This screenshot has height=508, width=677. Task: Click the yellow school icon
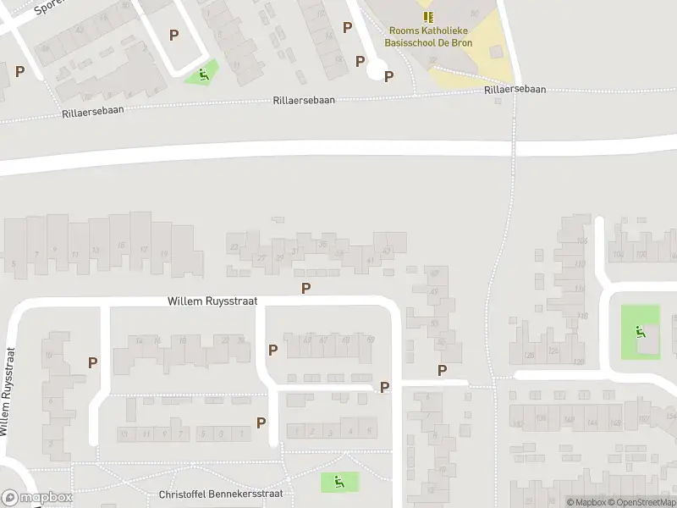pos(428,17)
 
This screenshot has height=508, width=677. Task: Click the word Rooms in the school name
pos(404,30)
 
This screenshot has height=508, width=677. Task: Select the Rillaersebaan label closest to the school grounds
pos(515,89)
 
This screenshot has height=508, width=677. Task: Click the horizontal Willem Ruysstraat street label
pos(212,301)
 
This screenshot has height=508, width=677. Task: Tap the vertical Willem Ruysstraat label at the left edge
pos(8,391)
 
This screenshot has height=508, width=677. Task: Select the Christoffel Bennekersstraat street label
pos(220,494)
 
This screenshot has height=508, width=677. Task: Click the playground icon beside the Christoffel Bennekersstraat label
pos(339,483)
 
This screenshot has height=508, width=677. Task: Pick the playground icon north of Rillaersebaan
pos(203,75)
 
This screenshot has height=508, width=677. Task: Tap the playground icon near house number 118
pos(641,332)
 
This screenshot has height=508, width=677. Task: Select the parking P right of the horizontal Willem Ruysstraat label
pos(306,288)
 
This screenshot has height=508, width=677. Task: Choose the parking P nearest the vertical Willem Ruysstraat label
pos(93,362)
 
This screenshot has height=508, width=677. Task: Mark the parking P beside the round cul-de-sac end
pos(389,76)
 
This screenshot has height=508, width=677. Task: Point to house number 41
pos(371,260)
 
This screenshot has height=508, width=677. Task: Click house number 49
pos(434,291)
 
